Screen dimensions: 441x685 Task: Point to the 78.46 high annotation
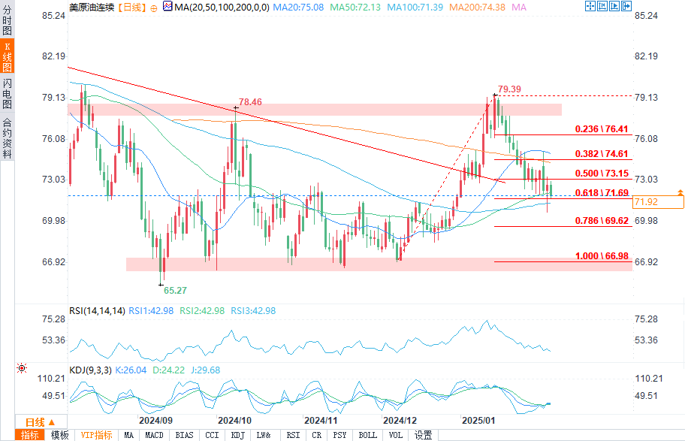[251, 101]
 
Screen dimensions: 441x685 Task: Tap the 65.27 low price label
[175, 289]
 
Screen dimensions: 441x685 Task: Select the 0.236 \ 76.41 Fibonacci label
[602, 129]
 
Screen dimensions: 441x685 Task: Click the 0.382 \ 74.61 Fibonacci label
[602, 153]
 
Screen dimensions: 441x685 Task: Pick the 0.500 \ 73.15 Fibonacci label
[602, 173]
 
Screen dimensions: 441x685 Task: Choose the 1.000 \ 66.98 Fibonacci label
[602, 256]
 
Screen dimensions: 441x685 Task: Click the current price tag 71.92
[647, 202]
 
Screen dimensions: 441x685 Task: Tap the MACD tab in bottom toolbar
[155, 435]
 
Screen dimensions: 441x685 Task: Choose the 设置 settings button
[424, 435]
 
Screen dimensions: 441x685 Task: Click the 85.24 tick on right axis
[647, 15]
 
